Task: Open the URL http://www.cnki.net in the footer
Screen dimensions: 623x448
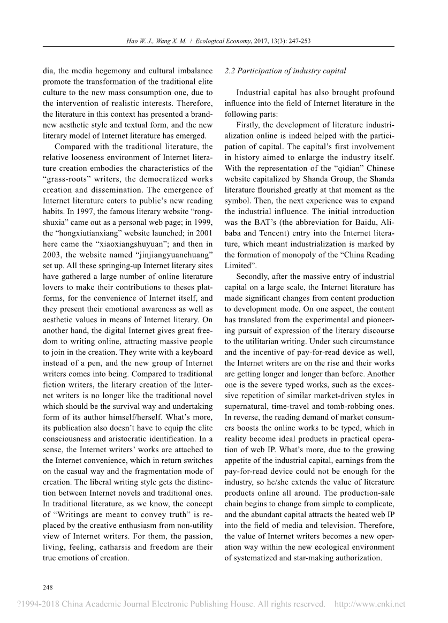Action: (369, 605)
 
